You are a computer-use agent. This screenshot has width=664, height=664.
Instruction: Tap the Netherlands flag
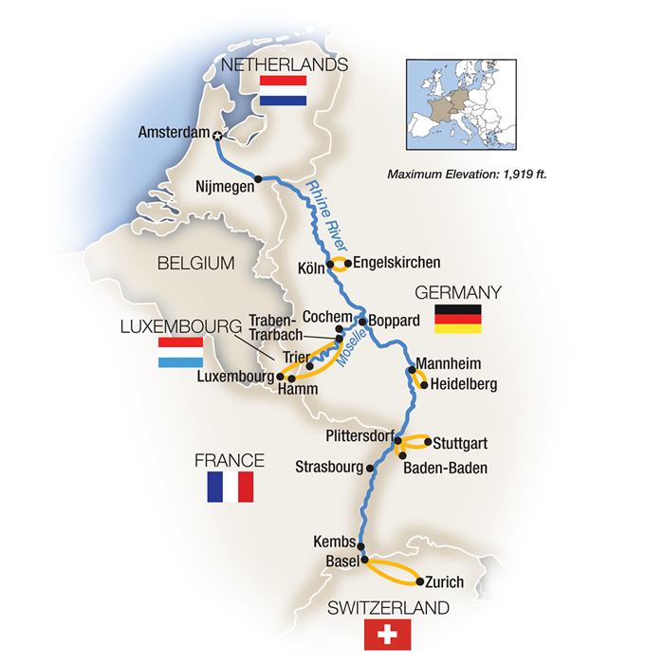coord(283,91)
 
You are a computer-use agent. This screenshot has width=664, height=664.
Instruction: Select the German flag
coord(457,319)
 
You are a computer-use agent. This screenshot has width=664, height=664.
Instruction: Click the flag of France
coord(231,487)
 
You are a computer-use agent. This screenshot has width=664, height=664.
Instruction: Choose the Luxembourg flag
coord(179,353)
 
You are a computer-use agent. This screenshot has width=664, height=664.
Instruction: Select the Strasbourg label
coord(329,467)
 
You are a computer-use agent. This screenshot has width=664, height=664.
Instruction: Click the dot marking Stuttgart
coord(427,441)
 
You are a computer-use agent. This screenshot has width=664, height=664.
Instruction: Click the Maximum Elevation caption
coord(469,175)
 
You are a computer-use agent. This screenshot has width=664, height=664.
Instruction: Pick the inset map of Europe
coord(466,106)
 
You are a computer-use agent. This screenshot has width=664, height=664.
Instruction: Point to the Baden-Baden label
coord(437,467)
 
